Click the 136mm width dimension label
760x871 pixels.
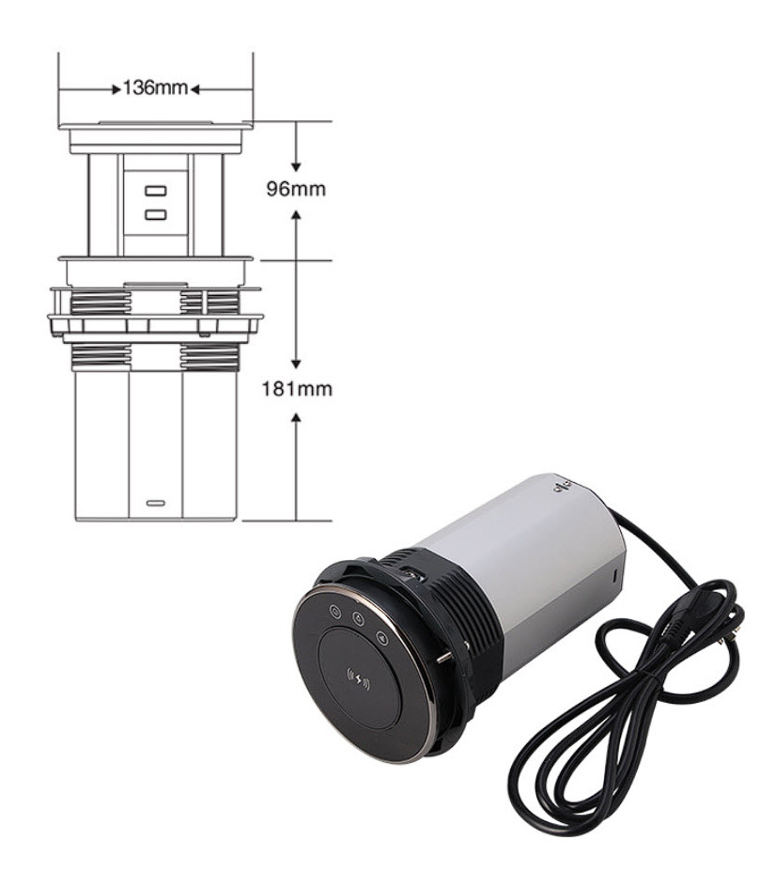tap(155, 89)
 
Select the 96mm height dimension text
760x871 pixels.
tap(296, 190)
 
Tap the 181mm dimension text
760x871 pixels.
tap(297, 389)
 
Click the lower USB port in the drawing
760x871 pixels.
tap(152, 214)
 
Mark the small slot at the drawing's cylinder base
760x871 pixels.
tap(156, 503)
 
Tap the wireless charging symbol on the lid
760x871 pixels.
tap(358, 679)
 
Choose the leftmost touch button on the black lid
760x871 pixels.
tap(335, 612)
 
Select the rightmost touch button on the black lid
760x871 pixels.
tap(382, 639)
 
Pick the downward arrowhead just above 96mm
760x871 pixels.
tap(296, 165)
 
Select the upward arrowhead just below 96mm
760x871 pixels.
tap(296, 215)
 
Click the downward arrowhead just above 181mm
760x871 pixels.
tap(296, 364)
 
